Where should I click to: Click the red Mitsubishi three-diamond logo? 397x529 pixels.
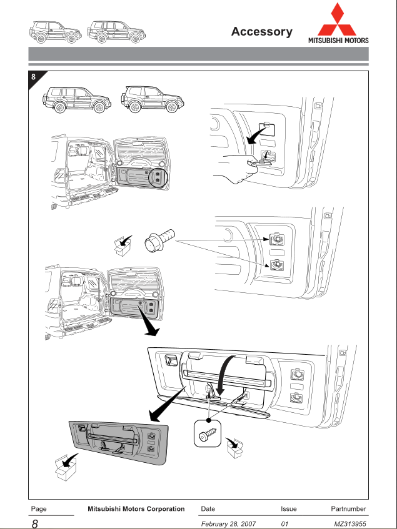click(x=338, y=19)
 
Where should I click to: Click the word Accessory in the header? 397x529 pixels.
click(x=261, y=32)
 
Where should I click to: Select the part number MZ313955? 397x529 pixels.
click(x=350, y=523)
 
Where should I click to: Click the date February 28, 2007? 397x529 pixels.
click(x=230, y=523)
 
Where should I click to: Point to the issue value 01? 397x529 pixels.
click(x=285, y=523)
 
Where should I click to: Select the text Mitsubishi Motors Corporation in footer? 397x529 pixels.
click(x=137, y=509)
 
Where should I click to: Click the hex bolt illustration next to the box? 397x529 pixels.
click(x=159, y=240)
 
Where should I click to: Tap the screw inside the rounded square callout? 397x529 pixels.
click(x=208, y=435)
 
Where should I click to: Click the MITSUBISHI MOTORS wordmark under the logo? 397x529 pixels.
click(x=338, y=41)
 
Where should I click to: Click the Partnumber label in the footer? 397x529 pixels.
click(x=348, y=509)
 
